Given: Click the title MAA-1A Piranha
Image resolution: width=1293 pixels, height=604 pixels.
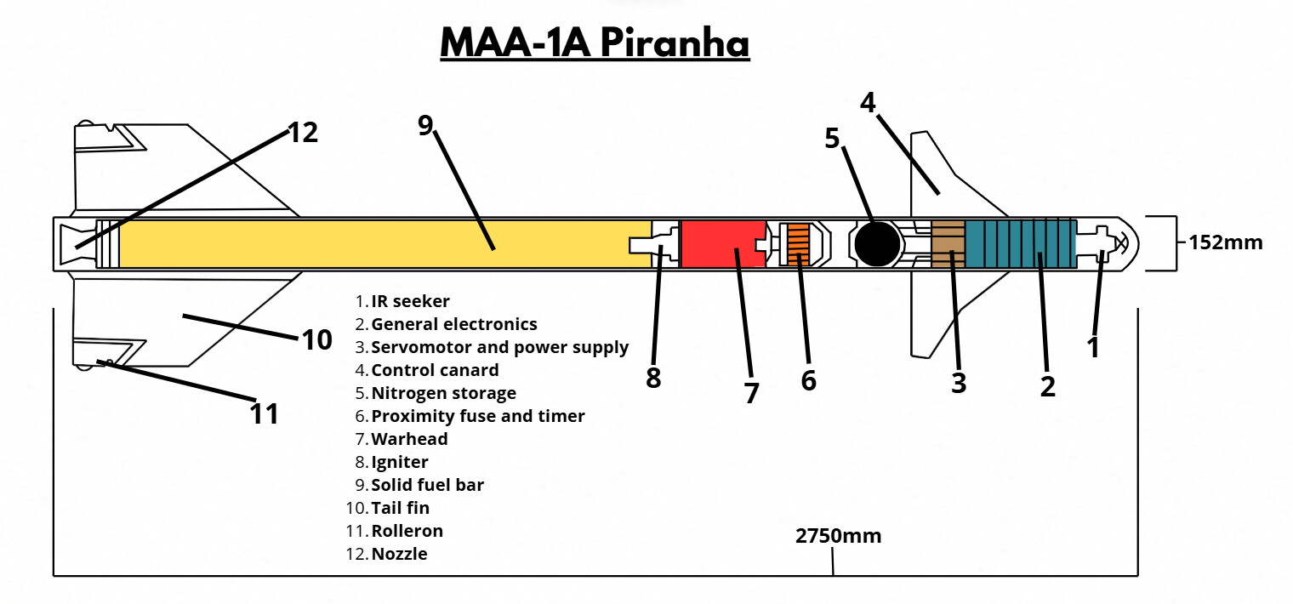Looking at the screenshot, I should pos(595,43).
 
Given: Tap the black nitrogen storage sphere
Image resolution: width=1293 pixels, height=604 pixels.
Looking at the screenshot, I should pos(877,243).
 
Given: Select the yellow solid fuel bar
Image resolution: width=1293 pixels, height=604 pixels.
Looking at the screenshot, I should pos(383,243).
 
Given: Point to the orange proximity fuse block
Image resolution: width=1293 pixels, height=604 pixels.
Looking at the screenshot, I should pos(798,244).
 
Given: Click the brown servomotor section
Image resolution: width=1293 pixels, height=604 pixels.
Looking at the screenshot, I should pos(948,243).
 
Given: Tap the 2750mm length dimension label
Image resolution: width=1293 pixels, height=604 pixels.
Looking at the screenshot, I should pos(838,536).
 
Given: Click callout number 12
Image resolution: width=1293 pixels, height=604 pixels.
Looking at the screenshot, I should pos(302,133).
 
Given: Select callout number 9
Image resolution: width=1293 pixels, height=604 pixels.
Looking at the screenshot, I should pos(425,125).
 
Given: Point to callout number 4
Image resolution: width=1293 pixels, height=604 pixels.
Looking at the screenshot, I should pos(868,102).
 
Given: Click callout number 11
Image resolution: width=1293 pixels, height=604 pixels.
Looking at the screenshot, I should pos(265,413).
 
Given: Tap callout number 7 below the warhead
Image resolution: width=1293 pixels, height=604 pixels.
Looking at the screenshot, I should pos(750,393).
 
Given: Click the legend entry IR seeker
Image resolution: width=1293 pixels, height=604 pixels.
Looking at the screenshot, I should pos(410,301).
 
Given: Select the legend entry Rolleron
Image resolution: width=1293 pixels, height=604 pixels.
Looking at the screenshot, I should pos(407,531).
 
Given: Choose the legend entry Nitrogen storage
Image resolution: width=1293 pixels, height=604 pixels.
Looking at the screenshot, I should pos(443,393).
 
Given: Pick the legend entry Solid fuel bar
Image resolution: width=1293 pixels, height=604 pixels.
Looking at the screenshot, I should pos(427,485).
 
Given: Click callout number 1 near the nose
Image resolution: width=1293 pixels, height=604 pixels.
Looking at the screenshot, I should pos(1093,346).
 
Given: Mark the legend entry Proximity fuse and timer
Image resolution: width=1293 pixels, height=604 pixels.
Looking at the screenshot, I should pos(477,416).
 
